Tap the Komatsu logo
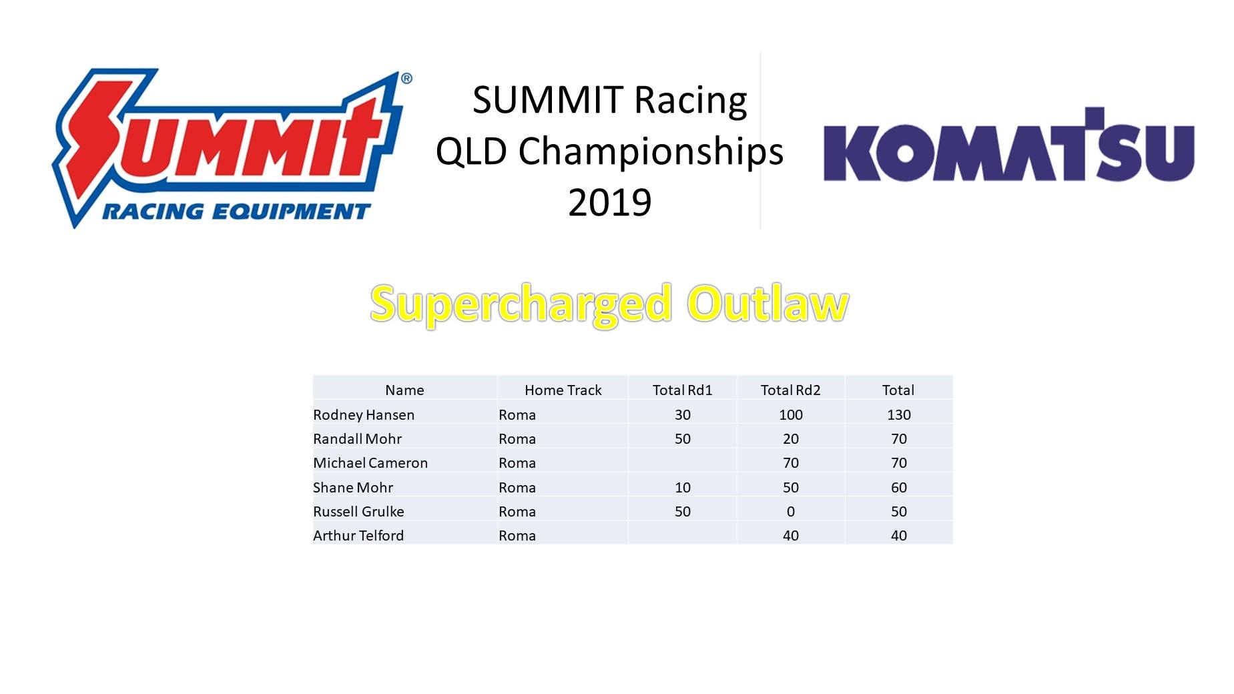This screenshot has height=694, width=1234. coord(1008,145)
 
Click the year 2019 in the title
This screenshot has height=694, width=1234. coord(609,202)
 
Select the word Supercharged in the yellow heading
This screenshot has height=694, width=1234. coord(521,305)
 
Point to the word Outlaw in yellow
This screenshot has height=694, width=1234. coord(768,304)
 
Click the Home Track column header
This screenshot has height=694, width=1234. coord(563,390)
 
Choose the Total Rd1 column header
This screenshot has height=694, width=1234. coord(682,390)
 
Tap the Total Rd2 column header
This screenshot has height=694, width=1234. coord(790,390)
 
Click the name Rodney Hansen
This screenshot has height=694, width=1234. coord(364,415)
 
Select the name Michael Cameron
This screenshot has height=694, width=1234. coord(370,463)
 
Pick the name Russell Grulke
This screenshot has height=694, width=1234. coord(358,512)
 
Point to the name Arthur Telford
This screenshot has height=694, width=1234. coord(358,536)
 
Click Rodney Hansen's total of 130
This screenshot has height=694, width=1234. coord(898,415)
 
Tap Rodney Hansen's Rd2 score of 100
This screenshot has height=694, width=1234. coord(790,415)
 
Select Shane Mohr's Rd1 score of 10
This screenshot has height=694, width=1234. coord(682,488)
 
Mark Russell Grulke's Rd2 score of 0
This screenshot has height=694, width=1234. coord(790,512)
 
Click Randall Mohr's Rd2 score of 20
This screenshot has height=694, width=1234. coord(790,439)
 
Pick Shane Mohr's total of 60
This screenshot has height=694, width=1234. coord(898,488)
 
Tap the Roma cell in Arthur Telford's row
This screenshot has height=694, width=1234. coord(517,536)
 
